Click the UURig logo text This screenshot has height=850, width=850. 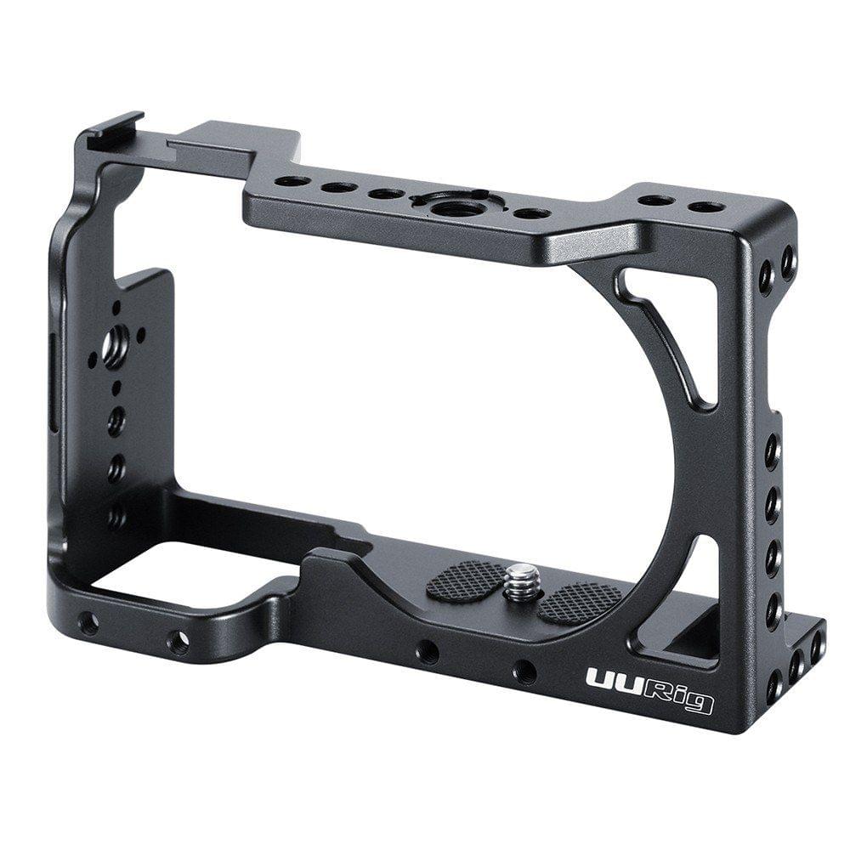[x=649, y=689]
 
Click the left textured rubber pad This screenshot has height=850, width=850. [x=464, y=581]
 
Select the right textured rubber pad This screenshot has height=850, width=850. [x=580, y=602]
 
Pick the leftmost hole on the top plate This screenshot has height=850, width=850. [x=294, y=181]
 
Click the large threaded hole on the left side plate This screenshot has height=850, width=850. [x=112, y=346]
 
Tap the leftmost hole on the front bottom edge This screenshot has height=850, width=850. [x=88, y=624]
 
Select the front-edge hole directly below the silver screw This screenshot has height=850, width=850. [x=525, y=673]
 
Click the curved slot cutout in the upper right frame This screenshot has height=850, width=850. [x=671, y=340]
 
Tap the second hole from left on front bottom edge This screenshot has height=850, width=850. [x=178, y=643]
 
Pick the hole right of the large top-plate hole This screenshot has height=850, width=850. [x=533, y=212]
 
